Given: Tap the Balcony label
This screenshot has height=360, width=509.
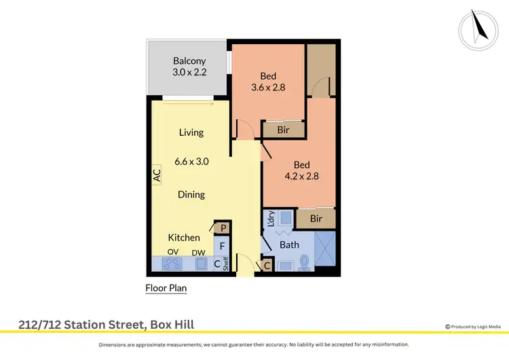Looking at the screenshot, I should point(189,61).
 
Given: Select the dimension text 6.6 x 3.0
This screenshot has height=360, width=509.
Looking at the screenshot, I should point(191,162).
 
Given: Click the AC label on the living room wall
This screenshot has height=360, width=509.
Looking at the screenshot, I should point(156,175).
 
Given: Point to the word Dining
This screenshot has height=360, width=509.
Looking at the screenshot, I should point(191,195).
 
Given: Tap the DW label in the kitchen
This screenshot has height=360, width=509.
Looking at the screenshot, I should point(199,252).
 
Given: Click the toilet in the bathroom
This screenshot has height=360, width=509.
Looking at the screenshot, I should point(305,262).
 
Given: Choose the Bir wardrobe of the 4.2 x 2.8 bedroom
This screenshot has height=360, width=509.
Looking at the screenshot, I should point(316,218).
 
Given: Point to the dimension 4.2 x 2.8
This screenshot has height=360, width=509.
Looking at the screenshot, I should point(302,176).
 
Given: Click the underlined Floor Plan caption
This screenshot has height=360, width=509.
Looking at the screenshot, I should point(166,288).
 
